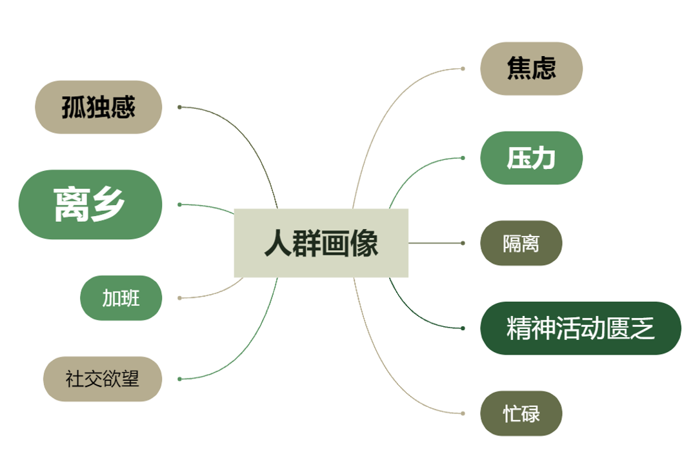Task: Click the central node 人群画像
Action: pyautogui.click(x=321, y=243)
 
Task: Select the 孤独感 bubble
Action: pyautogui.click(x=98, y=107)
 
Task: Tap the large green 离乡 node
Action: pyautogui.click(x=90, y=204)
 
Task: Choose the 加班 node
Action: pyautogui.click(x=121, y=298)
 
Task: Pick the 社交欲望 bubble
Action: pyautogui.click(x=102, y=379)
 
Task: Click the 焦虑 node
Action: pyautogui.click(x=531, y=68)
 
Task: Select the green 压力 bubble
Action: pyautogui.click(x=531, y=158)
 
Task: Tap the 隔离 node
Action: pyautogui.click(x=521, y=243)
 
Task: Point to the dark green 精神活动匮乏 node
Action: pyautogui.click(x=580, y=328)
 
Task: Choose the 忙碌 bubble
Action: pyautogui.click(x=521, y=413)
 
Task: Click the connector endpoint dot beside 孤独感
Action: pyautogui.click(x=179, y=107)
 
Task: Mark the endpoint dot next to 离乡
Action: pyautogui.click(x=179, y=204)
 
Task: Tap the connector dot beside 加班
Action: pyautogui.click(x=179, y=298)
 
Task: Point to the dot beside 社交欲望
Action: pyautogui.click(x=179, y=379)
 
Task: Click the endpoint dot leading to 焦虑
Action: pyautogui.click(x=463, y=68)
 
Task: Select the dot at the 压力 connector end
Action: pyautogui.click(x=463, y=158)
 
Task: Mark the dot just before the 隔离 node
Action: pyautogui.click(x=463, y=243)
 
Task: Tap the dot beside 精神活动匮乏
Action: pyautogui.click(x=463, y=328)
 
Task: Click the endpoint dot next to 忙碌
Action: pyautogui.click(x=463, y=413)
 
